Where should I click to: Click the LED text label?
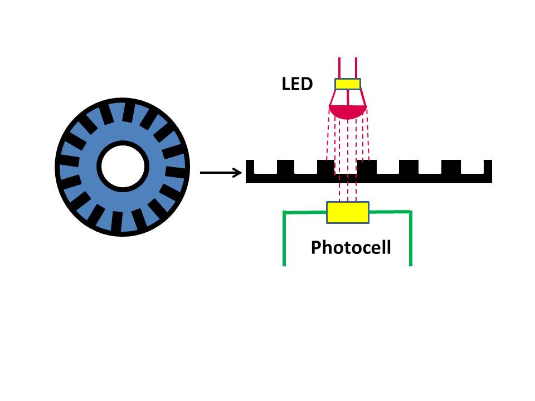(297, 85)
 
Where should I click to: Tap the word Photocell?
(351, 247)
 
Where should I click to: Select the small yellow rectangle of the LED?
(348, 84)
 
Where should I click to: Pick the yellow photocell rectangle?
(347, 213)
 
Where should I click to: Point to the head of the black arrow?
(240, 173)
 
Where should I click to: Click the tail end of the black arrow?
(202, 173)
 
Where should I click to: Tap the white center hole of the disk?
(123, 166)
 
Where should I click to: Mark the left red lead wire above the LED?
(339, 67)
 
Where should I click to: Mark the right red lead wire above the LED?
(356, 67)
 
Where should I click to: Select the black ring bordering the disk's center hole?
(100, 166)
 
